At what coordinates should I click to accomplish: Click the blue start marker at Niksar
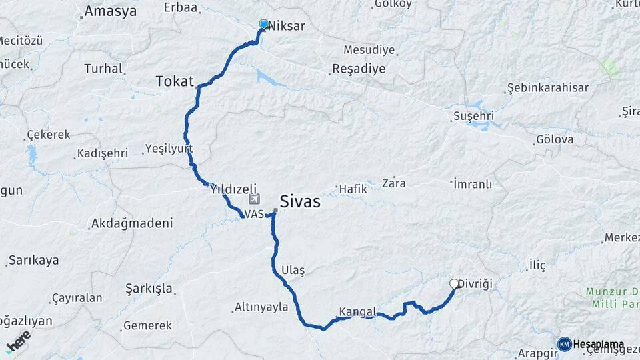point(263,25)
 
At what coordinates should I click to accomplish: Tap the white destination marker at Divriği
point(455,284)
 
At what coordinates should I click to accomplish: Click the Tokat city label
point(174,81)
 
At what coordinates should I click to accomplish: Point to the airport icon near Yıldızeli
point(253,200)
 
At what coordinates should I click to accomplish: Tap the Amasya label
point(111,11)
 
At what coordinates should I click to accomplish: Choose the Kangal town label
point(358,311)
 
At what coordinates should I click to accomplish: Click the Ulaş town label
point(293,270)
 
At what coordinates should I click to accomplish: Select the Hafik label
point(353,189)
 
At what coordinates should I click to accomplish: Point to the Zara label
point(394,183)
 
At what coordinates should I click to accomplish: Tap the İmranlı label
point(473,183)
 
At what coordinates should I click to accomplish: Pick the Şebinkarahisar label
point(547,88)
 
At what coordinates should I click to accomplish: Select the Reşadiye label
point(359,69)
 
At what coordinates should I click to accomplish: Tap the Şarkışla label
point(149,289)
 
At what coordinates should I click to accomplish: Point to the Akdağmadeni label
point(132,223)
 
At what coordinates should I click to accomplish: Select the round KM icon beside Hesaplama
point(564,344)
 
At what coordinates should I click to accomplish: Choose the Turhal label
point(103,68)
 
